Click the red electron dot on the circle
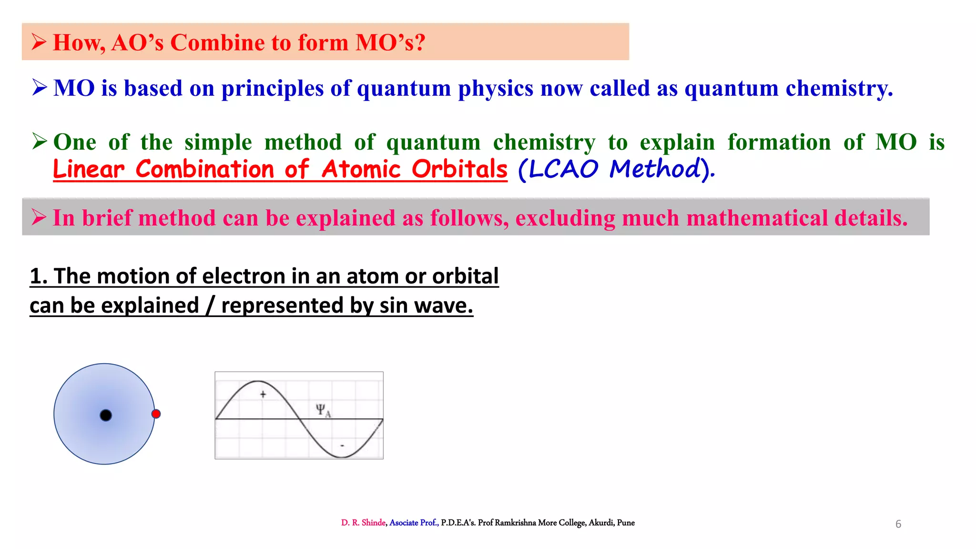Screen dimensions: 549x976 click(x=156, y=414)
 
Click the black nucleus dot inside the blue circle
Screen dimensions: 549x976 click(x=106, y=415)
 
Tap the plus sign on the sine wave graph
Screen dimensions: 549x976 click(x=263, y=394)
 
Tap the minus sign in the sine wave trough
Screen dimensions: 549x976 click(x=342, y=446)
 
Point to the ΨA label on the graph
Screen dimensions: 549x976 click(x=323, y=410)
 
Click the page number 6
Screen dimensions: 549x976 click(x=898, y=524)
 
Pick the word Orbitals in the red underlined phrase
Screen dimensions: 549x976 click(x=459, y=169)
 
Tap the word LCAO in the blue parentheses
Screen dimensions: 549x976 click(x=563, y=169)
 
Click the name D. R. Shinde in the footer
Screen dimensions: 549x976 click(x=363, y=523)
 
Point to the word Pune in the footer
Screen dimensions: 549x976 click(x=626, y=523)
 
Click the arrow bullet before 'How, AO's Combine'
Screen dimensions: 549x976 click(x=39, y=42)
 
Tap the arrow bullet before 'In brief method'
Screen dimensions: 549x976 click(x=39, y=217)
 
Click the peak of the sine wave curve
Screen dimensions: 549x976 click(x=257, y=381)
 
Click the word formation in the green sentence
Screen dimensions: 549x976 click(x=779, y=142)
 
